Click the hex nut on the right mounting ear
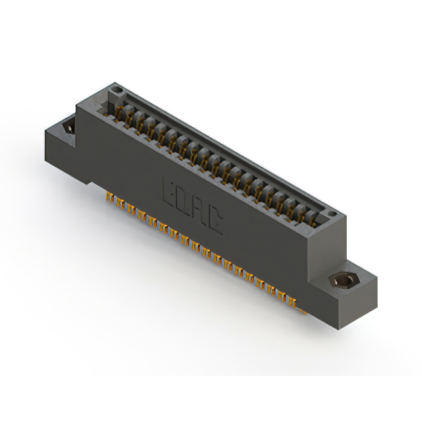point(341,282)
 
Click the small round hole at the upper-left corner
point(116,89)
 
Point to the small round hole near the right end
point(333,214)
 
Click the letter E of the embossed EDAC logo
point(168,193)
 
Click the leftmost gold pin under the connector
point(108,196)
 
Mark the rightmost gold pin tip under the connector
point(303,312)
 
